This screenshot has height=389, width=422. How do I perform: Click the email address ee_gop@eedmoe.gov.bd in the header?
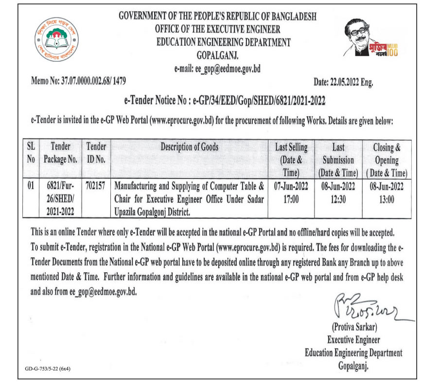pos(217,69)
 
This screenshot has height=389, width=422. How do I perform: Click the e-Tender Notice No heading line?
pos(221,101)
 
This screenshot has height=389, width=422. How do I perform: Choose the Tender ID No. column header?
pos(97,152)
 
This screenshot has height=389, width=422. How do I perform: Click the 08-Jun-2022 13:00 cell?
pos(387,192)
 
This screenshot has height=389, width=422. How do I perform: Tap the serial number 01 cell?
pos(31,185)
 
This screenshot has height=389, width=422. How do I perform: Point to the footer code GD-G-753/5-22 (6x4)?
pos(48,369)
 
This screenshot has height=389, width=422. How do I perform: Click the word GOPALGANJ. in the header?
pos(217,54)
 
